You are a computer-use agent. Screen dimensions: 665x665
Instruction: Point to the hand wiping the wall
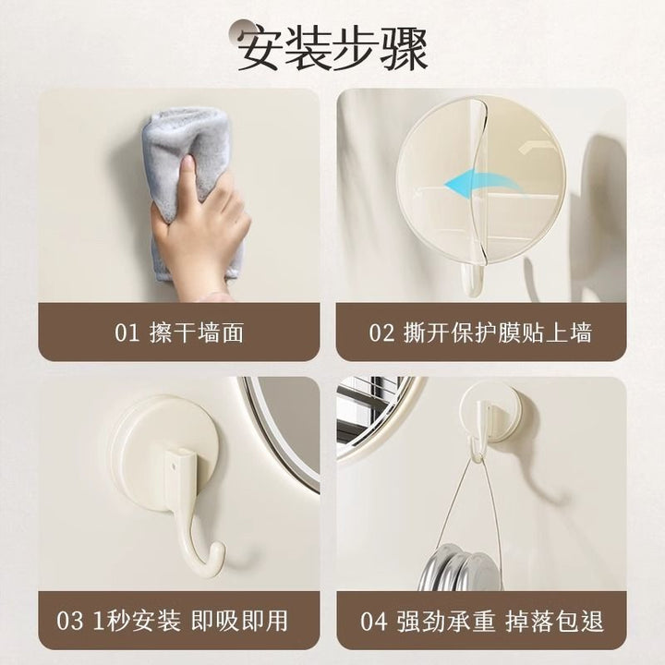click(x=199, y=224)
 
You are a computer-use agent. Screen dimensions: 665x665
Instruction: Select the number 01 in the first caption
click(x=127, y=332)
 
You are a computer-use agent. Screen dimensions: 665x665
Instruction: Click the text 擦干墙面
click(x=197, y=332)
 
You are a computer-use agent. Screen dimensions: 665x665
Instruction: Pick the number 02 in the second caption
click(x=381, y=332)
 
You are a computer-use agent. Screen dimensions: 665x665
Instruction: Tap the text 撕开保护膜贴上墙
click(x=498, y=332)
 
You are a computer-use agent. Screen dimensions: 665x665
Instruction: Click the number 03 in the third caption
click(x=70, y=621)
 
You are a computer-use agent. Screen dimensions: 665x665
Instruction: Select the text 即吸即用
click(x=239, y=621)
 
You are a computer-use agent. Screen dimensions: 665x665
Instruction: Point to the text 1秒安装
click(x=137, y=621)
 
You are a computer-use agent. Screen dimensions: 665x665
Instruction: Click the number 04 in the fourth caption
click(x=374, y=621)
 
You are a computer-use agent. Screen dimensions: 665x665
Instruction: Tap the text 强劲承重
click(x=446, y=621)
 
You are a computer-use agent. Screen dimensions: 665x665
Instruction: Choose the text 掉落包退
click(x=554, y=621)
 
